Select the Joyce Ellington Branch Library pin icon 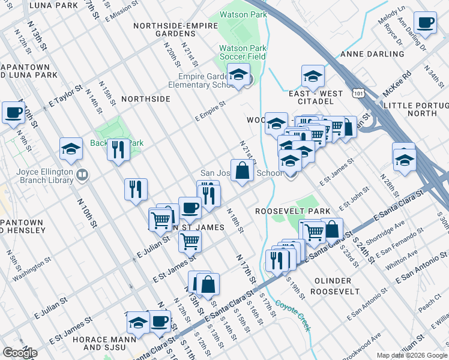[82, 175]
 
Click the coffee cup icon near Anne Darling [426, 23]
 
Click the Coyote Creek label [294, 315]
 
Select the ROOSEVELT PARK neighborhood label [285, 211]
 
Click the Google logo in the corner [20, 353]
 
